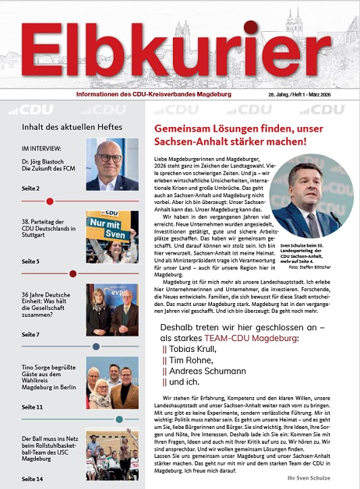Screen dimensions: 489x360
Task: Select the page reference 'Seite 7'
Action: [x=31, y=334]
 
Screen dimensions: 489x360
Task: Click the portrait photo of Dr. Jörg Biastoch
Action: [x=111, y=165]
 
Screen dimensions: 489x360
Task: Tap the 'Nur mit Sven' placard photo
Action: [x=111, y=236]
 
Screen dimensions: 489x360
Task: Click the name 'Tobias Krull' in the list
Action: [x=192, y=349]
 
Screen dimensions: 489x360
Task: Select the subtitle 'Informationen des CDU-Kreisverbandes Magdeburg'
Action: [x=153, y=95]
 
